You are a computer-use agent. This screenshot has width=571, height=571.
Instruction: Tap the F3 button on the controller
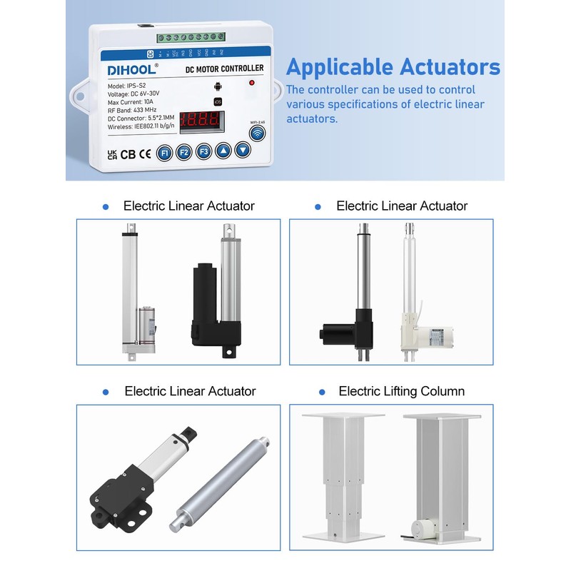(x=203, y=151)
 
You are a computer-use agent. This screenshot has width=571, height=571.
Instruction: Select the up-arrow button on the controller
(x=223, y=151)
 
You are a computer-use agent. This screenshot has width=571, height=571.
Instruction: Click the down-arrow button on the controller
(x=243, y=150)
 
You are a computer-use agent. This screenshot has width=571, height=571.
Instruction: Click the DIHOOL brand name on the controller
(x=128, y=70)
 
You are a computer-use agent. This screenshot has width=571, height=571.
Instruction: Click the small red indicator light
(x=251, y=84)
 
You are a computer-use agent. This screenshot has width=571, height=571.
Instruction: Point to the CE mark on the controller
(x=144, y=153)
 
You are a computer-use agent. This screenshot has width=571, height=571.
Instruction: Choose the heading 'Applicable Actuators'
(x=393, y=67)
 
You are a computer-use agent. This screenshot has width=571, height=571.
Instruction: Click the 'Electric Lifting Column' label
(x=401, y=391)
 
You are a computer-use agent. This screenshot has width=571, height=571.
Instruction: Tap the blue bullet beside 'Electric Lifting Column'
(x=322, y=392)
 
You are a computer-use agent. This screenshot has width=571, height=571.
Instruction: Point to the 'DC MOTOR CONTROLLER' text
(x=224, y=69)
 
